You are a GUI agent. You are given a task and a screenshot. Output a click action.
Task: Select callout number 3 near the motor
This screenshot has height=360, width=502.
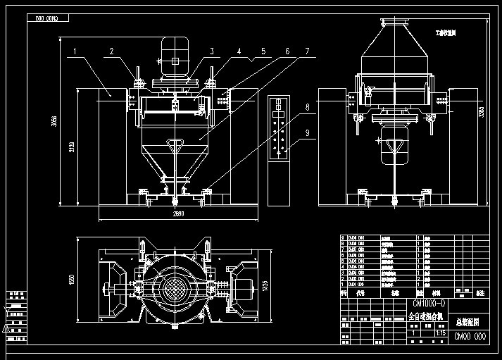(210, 51)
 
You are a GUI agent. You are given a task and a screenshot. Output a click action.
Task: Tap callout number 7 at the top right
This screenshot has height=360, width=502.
(306, 51)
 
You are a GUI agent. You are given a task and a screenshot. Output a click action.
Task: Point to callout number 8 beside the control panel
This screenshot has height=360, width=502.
(307, 107)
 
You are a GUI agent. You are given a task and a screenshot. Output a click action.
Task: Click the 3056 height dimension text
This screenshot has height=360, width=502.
(54, 121)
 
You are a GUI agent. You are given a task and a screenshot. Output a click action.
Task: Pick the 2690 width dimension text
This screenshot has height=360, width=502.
(178, 214)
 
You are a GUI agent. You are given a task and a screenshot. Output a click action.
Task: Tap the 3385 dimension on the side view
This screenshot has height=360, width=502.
(482, 111)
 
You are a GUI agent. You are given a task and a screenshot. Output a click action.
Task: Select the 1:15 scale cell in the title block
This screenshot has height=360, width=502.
(441, 333)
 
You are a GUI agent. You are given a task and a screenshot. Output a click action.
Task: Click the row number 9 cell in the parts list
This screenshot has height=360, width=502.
(343, 238)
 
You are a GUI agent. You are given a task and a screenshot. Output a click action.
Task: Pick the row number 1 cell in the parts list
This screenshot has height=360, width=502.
(343, 284)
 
